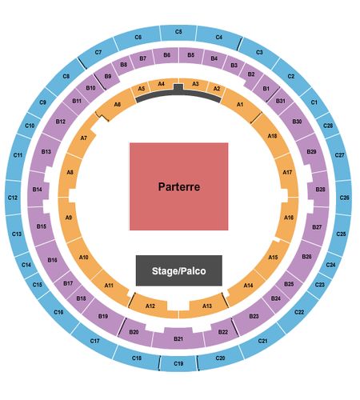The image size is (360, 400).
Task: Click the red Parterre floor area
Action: [x=178, y=186]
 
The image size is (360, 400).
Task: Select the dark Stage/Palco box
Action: [x=179, y=270]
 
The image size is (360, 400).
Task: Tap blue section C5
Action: [x=178, y=33]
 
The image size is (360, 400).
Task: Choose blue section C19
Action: [x=178, y=363]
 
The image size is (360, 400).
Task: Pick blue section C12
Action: [x=13, y=198]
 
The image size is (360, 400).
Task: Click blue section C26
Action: [x=344, y=198]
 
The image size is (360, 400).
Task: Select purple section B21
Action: [x=178, y=338]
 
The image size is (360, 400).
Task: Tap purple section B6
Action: [x=166, y=55]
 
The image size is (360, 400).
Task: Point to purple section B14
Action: [x=38, y=189]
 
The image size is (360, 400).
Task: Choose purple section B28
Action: [x=319, y=189]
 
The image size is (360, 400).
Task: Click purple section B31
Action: [x=281, y=101]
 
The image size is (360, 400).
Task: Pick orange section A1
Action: [x=241, y=105]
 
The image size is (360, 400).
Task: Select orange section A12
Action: [x=151, y=306]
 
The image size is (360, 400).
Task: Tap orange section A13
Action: [x=207, y=306]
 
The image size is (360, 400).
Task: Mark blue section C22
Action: [x=298, y=312]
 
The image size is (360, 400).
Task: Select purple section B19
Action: [x=103, y=315]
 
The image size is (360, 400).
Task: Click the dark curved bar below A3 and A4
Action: [x=178, y=94]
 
